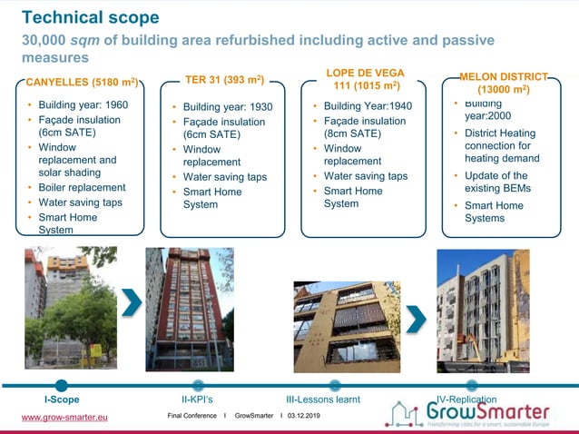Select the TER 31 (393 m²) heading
pyautogui.click(x=224, y=81)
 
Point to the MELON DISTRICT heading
pyautogui.click(x=505, y=83)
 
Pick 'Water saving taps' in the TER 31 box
pyautogui.click(x=225, y=177)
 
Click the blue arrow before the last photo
pyautogui.click(x=416, y=318)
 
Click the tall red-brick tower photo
pyautogui.click(x=189, y=309)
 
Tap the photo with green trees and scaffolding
pyautogui.click(x=71, y=308)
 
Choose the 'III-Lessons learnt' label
pyautogui.click(x=322, y=399)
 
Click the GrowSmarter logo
pyautogui.click(x=481, y=413)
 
